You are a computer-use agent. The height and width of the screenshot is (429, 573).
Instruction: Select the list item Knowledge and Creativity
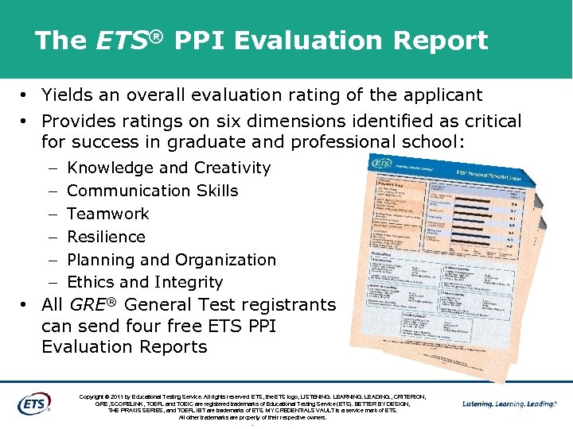tap(169, 168)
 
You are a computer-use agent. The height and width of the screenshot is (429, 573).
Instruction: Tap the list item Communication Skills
tap(153, 191)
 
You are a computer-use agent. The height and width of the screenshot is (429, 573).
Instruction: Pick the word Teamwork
tap(108, 214)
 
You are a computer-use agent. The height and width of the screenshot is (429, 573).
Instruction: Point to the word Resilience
tap(106, 237)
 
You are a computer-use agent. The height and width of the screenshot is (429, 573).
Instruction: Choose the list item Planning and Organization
tap(171, 260)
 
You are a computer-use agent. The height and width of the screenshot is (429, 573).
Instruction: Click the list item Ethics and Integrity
tap(145, 282)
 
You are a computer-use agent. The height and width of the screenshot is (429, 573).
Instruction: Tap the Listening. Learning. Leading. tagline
tap(509, 404)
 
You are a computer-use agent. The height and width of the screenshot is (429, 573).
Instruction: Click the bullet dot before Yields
tap(26, 96)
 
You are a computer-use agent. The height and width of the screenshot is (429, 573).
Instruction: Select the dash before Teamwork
tap(51, 214)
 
